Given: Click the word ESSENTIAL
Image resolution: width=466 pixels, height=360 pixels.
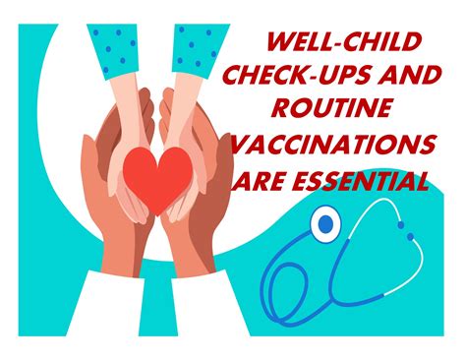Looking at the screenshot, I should (367, 181).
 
